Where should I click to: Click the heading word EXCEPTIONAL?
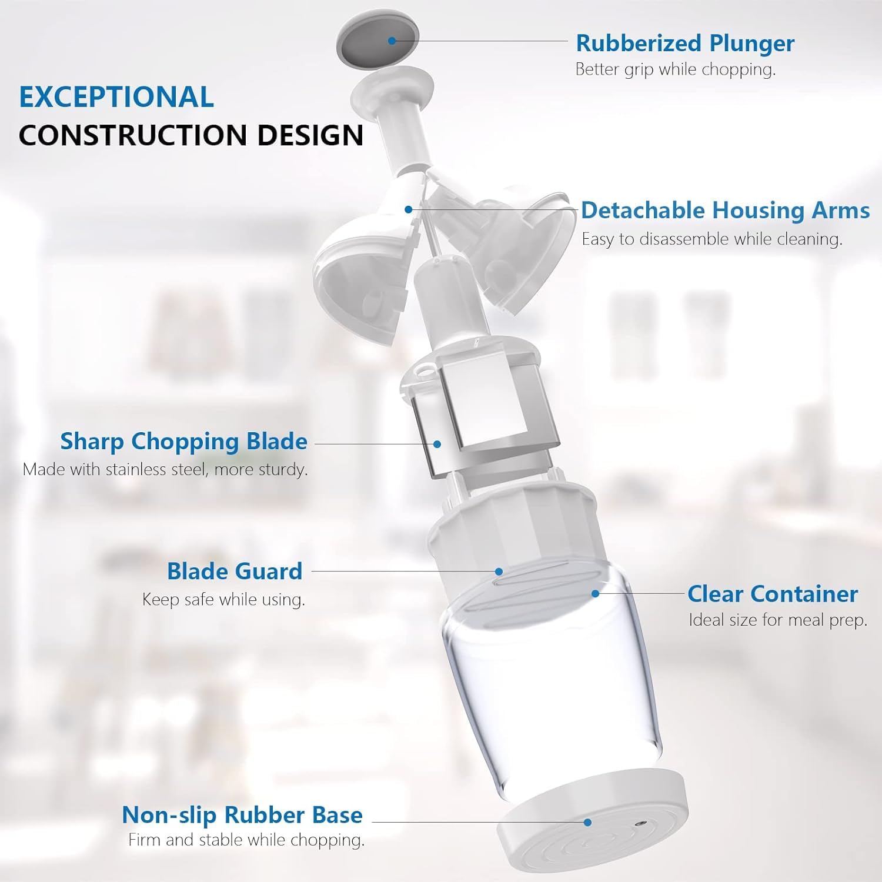[116, 97]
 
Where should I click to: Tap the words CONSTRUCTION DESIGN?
[191, 135]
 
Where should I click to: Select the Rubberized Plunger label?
[685, 43]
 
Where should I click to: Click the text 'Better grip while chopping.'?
[675, 69]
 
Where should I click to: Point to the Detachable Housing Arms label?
[725, 210]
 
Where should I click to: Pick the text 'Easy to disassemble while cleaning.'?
[711, 239]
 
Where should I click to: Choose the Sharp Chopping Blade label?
[183, 441]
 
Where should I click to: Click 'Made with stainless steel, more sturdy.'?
[165, 469]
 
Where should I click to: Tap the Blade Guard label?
[235, 571]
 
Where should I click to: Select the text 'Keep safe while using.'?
[223, 599]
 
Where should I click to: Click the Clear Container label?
[772, 594]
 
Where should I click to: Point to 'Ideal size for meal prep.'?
[777, 620]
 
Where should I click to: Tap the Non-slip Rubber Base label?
[242, 814]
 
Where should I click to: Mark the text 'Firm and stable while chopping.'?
[246, 840]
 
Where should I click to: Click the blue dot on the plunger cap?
[392, 41]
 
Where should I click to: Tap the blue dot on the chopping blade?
[437, 445]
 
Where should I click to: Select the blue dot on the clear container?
[595, 594]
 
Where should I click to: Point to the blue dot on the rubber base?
[587, 823]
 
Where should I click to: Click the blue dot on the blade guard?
[499, 571]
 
